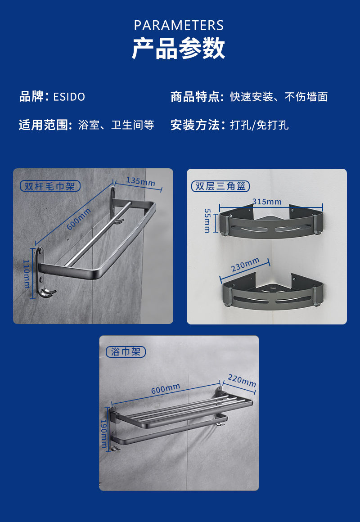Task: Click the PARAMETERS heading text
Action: (179, 26)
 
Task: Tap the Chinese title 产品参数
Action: (179, 49)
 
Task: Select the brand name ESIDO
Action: (69, 97)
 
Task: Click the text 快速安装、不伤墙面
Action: (279, 97)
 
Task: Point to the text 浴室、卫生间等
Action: (116, 125)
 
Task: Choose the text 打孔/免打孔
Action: (259, 125)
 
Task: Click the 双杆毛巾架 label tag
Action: (50, 186)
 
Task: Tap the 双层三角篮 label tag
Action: (220, 186)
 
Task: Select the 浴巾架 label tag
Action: (126, 352)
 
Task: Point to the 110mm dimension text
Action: (26, 274)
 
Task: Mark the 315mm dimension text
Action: (267, 202)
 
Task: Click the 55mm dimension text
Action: (207, 220)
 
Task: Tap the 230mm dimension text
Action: (245, 265)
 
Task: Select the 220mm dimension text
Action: (242, 380)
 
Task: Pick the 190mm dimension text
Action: (103, 433)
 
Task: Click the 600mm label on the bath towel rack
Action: (166, 388)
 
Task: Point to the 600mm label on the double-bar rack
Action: (79, 219)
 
